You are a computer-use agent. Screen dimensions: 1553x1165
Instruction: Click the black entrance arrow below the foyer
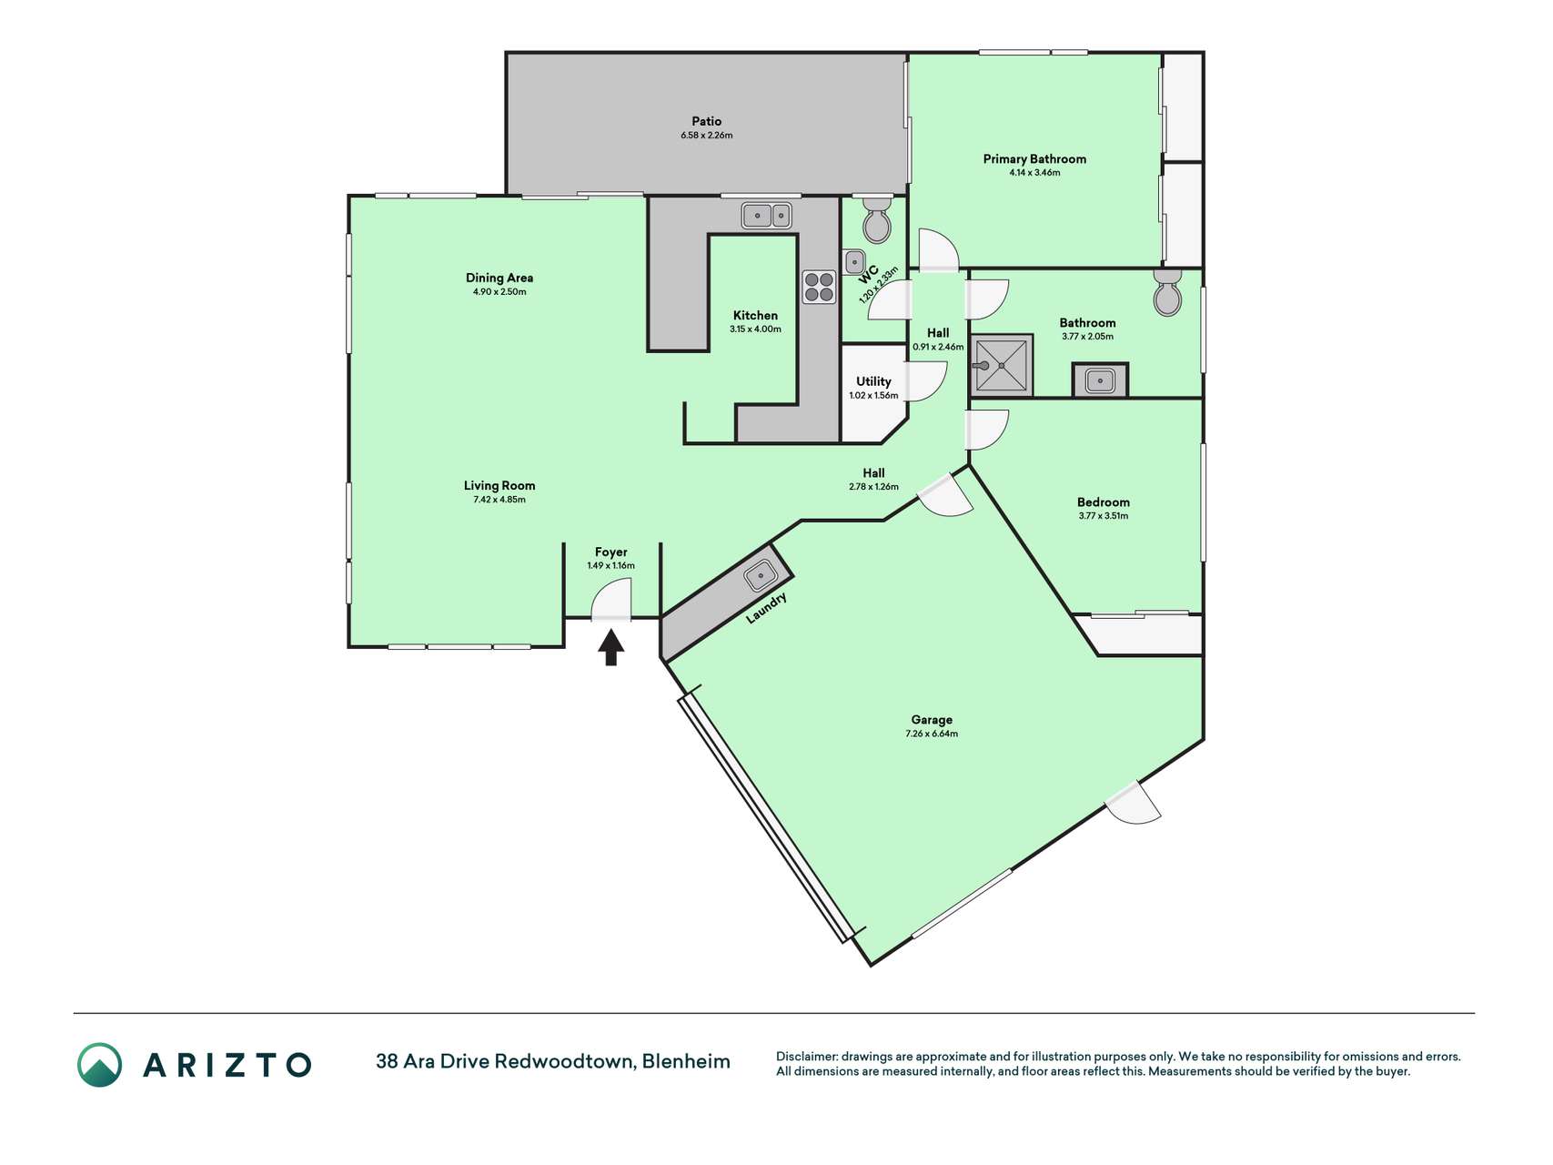point(611,648)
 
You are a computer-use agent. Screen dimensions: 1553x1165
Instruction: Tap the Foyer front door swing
point(611,601)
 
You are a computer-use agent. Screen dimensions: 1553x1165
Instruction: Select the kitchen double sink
point(767,216)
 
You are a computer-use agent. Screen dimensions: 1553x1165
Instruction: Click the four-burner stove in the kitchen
point(819,287)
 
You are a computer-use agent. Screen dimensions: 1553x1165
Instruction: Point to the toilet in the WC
point(877,219)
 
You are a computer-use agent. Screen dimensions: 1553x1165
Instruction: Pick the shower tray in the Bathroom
point(1001,366)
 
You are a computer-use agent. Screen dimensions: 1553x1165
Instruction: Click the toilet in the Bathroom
point(1167,292)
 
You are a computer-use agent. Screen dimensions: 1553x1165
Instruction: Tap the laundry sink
point(760,575)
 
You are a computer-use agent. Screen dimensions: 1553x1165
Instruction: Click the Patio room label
point(707,121)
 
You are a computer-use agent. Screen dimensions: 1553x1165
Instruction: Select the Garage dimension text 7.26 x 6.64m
point(932,734)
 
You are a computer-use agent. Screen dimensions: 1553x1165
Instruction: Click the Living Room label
point(499,486)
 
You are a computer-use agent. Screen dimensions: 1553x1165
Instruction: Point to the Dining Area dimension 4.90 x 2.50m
point(499,292)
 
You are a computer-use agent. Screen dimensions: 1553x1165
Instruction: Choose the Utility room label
point(873,381)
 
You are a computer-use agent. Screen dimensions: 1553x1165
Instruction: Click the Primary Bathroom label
point(1034,159)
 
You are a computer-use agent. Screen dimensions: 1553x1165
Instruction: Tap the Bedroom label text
point(1104,502)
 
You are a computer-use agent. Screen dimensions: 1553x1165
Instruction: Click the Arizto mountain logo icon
point(99,1065)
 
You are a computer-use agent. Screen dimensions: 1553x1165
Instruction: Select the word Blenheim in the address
point(686,1061)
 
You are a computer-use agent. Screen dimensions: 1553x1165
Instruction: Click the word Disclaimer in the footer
point(806,1057)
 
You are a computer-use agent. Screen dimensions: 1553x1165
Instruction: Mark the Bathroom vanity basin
point(1101,380)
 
